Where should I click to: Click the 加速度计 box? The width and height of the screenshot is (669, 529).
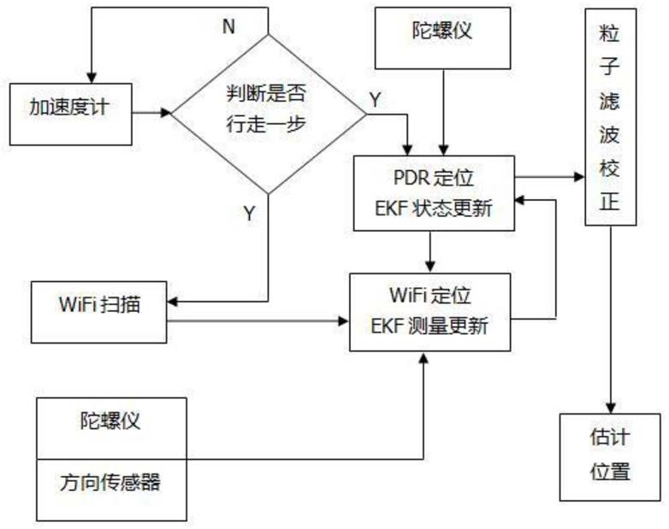[71, 115]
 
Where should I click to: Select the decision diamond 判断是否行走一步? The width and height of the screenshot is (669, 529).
[269, 115]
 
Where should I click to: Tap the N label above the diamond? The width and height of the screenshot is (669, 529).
[228, 26]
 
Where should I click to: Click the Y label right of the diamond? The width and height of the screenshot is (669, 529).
[375, 100]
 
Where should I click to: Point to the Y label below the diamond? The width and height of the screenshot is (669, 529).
[250, 213]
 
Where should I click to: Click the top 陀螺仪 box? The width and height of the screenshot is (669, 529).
[443, 38]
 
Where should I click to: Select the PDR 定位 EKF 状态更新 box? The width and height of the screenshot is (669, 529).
[434, 193]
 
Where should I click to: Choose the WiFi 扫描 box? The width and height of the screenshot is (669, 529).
[99, 312]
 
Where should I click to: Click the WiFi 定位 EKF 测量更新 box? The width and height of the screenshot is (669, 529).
[430, 312]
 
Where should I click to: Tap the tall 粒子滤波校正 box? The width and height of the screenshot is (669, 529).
[611, 117]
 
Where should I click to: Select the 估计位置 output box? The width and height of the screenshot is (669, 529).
[610, 457]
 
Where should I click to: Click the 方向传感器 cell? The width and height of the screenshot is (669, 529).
[112, 491]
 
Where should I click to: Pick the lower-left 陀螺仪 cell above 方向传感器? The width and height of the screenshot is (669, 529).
[112, 428]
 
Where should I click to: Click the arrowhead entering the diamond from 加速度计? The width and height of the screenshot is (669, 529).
[166, 113]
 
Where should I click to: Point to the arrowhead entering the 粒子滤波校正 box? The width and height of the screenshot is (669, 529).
[579, 176]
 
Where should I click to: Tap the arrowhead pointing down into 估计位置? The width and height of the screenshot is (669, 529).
[611, 408]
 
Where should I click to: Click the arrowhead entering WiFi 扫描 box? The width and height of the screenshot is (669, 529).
[172, 302]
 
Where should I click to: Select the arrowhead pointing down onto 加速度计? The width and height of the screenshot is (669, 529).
[92, 78]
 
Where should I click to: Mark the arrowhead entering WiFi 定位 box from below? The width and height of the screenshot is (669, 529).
[423, 357]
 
